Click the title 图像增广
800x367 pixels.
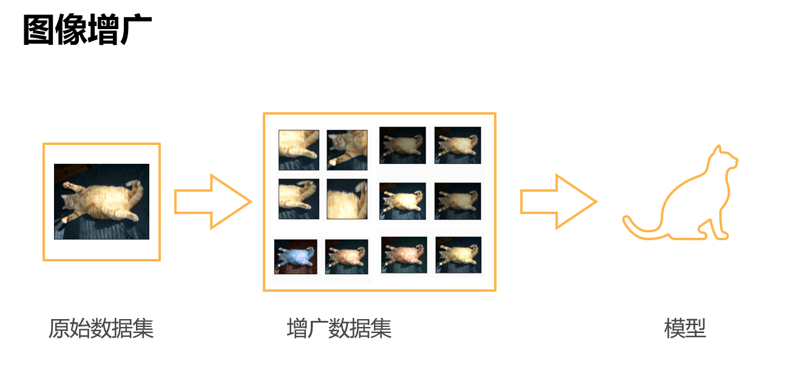click(x=87, y=29)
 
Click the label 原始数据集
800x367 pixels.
click(x=101, y=328)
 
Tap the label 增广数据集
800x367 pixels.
click(x=339, y=328)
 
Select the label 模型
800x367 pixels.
click(x=685, y=328)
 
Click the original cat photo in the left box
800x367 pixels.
click(x=102, y=201)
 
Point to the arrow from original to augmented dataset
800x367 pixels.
click(x=213, y=202)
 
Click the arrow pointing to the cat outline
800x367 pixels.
click(x=558, y=202)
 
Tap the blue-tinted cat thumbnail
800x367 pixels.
click(x=296, y=257)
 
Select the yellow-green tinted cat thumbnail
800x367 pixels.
click(x=458, y=255)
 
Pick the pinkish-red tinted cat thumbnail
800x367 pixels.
click(x=404, y=255)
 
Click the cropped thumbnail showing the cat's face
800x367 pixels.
click(x=347, y=150)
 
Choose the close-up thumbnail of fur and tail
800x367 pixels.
click(x=347, y=199)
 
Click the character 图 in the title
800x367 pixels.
click(x=39, y=29)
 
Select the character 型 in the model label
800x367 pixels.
click(x=696, y=328)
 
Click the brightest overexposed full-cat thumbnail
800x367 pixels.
click(x=402, y=201)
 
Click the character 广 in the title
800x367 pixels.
click(x=137, y=29)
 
